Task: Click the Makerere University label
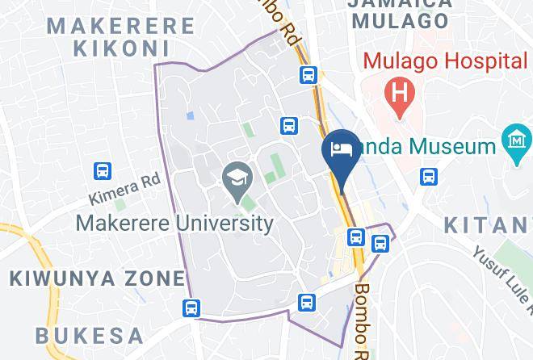[x=175, y=223]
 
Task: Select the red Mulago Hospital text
[x=444, y=61]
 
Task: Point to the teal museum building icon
[x=515, y=140]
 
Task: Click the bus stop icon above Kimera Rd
[x=102, y=170]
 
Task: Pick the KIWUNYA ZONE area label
[x=97, y=279]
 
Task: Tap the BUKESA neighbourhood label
[x=90, y=335]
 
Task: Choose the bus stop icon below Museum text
[x=429, y=176]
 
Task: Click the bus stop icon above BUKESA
[x=191, y=308]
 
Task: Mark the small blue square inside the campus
[x=190, y=116]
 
